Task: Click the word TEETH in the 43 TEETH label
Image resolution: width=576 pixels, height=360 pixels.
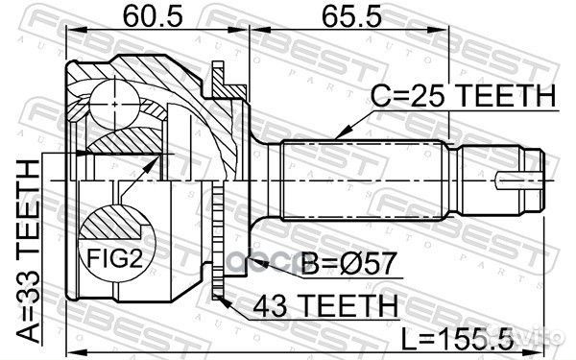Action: click(358, 304)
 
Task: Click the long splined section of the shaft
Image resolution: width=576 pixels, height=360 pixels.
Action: click(365, 180)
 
